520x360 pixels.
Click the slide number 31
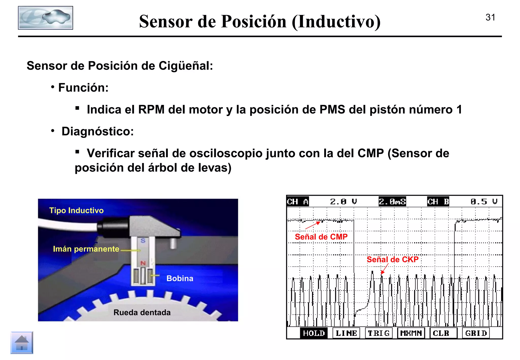pos(490,18)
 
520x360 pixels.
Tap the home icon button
pos(22,342)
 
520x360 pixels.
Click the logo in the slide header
pos(45,18)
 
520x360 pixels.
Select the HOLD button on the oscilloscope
pos(314,333)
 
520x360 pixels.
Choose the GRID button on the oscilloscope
pos(476,333)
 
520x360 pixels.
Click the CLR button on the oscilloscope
pos(441,333)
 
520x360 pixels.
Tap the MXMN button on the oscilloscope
pos(411,333)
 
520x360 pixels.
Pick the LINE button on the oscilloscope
pos(346,333)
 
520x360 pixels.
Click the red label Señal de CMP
pos(321,237)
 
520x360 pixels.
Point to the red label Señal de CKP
pos(392,259)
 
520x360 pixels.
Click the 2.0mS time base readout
pos(392,202)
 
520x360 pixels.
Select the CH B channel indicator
pos(438,202)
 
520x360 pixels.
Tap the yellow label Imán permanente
pos(86,249)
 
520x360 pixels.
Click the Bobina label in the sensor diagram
pos(180,279)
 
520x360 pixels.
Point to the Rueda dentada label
pos(142,313)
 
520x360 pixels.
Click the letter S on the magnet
pos(143,240)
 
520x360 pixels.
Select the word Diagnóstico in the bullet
pos(97,132)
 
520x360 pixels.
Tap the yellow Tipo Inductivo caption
pos(76,210)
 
